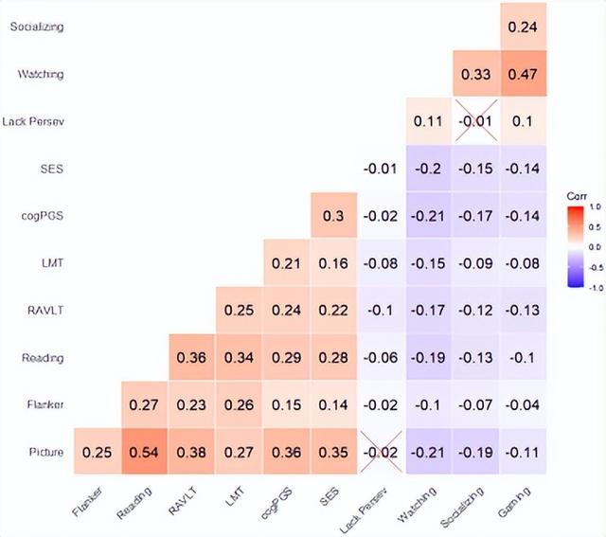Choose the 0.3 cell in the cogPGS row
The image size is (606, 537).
[334, 217]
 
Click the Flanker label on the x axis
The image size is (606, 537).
[90, 502]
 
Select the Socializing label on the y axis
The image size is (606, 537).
[37, 27]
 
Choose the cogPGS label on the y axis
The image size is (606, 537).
[44, 217]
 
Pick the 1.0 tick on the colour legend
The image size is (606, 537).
[595, 205]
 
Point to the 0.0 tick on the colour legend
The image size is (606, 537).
[595, 245]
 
